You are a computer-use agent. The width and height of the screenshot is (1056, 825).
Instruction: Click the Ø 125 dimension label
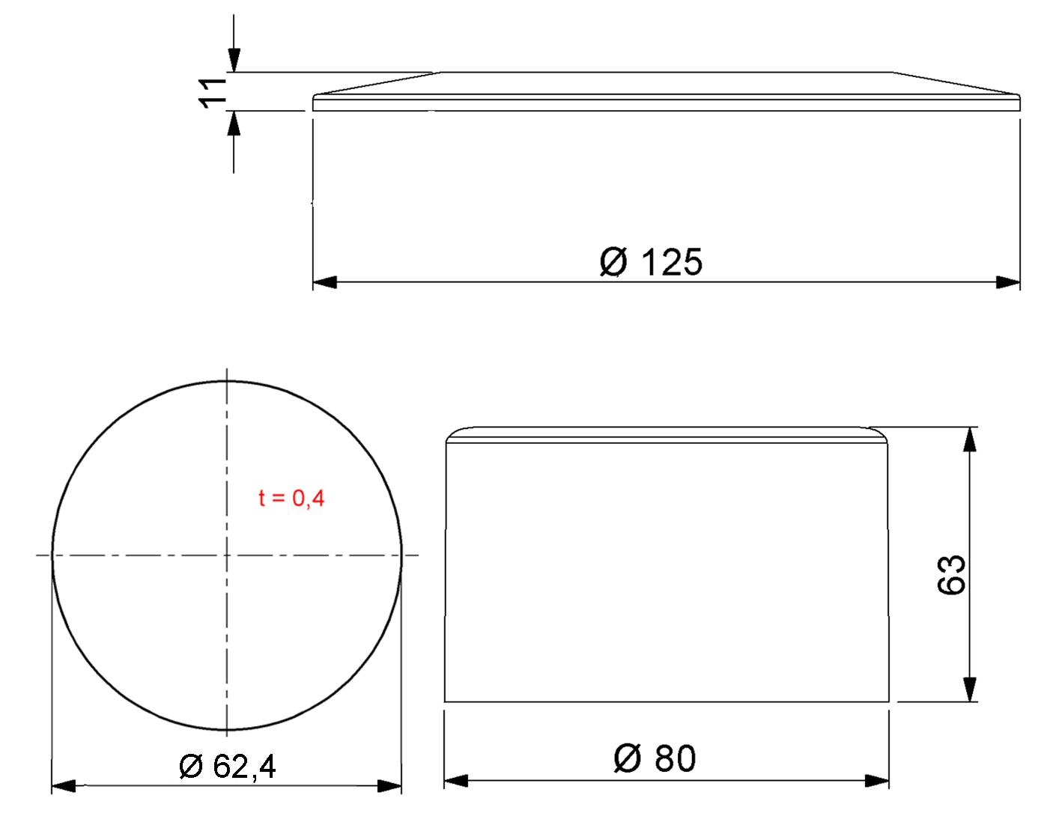pos(651,262)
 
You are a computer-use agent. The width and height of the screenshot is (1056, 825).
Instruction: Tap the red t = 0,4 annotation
pos(291,498)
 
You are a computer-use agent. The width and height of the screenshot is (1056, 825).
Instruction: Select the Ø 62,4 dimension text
pos(228,767)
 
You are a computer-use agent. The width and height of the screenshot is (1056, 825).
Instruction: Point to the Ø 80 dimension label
pos(655,758)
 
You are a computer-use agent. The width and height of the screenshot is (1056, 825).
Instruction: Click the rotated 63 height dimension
pos(951,574)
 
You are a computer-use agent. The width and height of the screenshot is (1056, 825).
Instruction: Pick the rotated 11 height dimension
pos(213,92)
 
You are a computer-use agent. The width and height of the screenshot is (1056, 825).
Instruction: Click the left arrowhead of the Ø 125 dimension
pos(324,282)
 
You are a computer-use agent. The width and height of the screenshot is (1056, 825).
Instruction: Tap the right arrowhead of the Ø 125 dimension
pos(1008,282)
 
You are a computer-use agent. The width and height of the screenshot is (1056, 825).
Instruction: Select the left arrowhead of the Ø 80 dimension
pos(456,781)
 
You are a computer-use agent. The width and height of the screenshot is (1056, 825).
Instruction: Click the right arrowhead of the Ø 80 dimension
pos(877,781)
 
